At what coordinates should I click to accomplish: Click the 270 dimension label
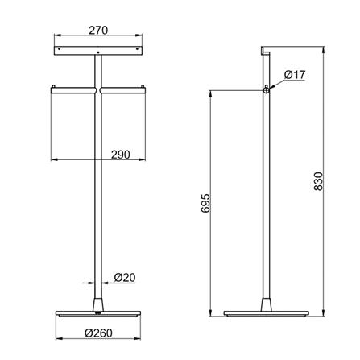tap(98, 30)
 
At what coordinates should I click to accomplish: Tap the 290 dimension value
tap(121, 155)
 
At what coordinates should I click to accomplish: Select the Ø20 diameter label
tap(125, 277)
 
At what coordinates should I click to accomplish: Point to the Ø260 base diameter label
tap(98, 333)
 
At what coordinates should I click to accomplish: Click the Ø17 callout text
tap(295, 75)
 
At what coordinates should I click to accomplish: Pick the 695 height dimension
tap(205, 203)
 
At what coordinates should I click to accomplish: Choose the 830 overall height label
tap(318, 181)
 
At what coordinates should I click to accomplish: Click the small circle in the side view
tap(266, 90)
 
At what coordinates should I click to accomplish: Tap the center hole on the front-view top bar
tap(98, 52)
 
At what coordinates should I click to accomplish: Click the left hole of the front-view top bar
tap(59, 49)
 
